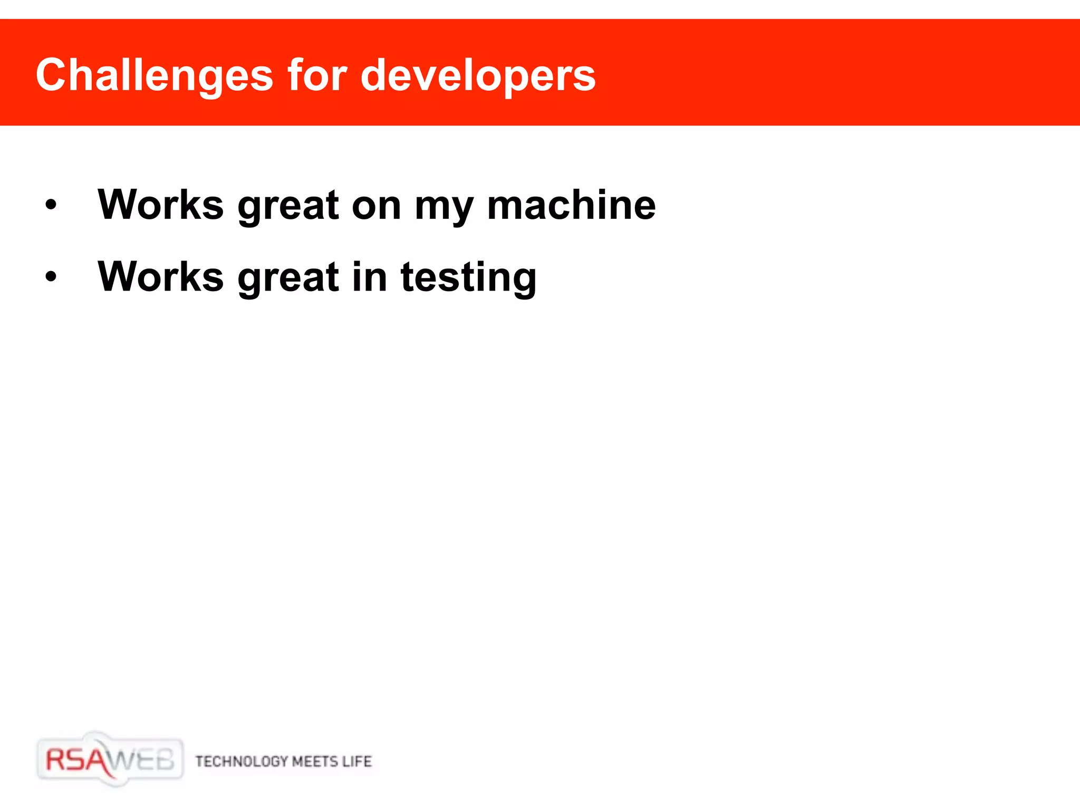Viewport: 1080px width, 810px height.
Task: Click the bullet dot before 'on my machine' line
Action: (x=51, y=205)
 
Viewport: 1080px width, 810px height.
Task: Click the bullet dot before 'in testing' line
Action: (x=51, y=276)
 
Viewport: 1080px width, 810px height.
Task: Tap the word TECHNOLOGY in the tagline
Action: (x=242, y=761)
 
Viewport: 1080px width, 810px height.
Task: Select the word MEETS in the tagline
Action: (x=315, y=761)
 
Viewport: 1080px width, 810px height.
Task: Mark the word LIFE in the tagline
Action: (x=357, y=761)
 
